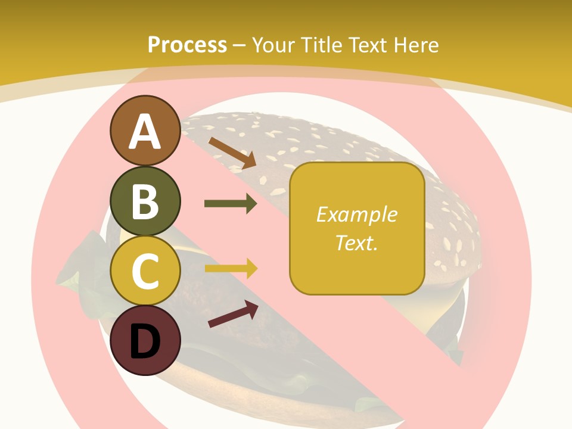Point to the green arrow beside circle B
click(231, 204)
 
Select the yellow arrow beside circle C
click(231, 269)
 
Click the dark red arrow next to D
click(233, 314)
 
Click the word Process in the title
click(187, 45)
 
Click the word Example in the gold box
click(356, 214)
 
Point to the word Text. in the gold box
click(356, 243)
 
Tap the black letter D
click(145, 341)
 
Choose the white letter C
click(145, 271)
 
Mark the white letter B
click(145, 201)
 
